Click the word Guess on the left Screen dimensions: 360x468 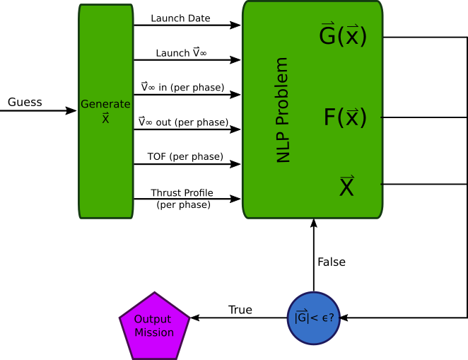(x=25, y=103)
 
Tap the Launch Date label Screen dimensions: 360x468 (x=180, y=18)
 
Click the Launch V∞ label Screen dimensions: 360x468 (x=180, y=53)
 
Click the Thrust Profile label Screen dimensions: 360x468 (x=182, y=193)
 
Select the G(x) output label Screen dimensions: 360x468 (x=343, y=35)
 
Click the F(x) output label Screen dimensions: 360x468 (x=345, y=117)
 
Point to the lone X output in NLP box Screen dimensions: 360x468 (x=346, y=187)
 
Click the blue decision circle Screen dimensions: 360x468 (x=314, y=318)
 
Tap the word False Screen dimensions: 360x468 (x=331, y=262)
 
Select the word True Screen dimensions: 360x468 (x=240, y=310)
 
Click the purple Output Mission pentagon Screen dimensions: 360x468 (x=154, y=324)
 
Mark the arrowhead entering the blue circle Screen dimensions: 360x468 (x=345, y=318)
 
